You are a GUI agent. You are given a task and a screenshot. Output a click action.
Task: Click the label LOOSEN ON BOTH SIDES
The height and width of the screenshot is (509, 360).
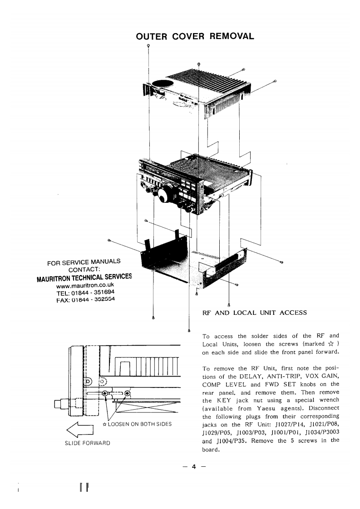[x=141, y=424]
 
